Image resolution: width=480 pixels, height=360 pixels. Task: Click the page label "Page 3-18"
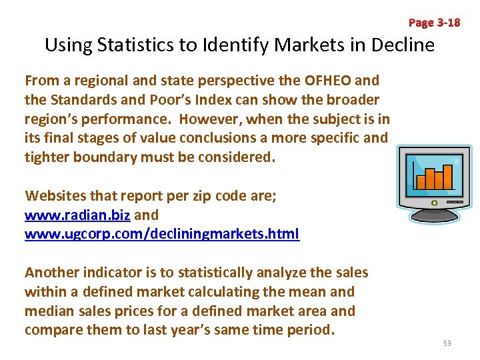click(434, 23)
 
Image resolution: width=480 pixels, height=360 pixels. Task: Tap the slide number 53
click(447, 343)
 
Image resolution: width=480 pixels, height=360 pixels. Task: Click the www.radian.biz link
click(78, 215)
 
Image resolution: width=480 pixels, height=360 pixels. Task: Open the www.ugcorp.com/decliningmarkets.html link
click(162, 234)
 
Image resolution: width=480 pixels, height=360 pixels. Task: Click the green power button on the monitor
click(435, 203)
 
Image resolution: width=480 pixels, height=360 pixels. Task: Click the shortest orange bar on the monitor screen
click(421, 182)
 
